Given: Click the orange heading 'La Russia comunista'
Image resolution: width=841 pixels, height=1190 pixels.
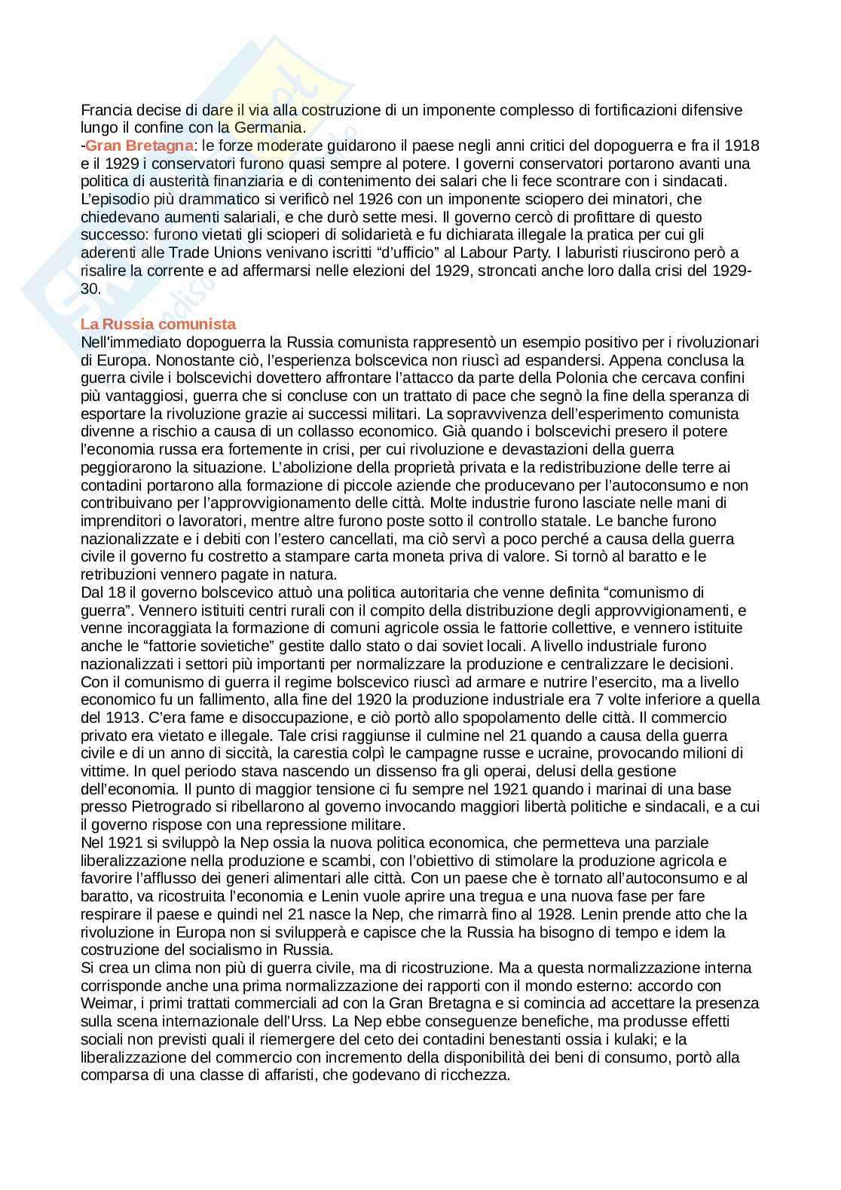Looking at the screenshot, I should [158, 324].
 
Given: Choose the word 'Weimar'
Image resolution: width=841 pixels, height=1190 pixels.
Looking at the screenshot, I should [104, 1003].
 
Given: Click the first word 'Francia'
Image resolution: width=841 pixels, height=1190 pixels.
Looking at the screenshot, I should [105, 110].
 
